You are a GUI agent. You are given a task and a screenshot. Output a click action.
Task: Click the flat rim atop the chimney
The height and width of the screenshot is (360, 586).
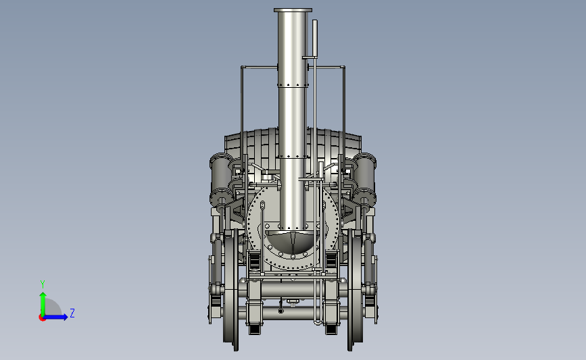click(293, 10)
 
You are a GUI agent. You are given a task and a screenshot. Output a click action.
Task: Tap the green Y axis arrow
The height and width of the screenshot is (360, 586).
click(43, 304)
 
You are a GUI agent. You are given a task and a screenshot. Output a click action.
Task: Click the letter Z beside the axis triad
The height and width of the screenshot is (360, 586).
click(72, 313)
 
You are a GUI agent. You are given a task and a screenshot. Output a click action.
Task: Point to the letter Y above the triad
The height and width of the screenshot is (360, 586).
click(43, 284)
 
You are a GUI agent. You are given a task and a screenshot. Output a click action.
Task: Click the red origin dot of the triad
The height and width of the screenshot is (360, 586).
click(42, 318)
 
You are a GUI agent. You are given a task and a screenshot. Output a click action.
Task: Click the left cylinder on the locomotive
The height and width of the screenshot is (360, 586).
click(221, 178)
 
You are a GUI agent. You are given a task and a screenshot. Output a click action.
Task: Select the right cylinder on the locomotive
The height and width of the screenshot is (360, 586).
click(364, 178)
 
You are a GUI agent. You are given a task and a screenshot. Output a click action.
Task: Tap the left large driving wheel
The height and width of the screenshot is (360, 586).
click(231, 290)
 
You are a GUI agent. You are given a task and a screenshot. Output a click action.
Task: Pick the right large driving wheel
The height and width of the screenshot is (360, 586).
click(355, 290)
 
